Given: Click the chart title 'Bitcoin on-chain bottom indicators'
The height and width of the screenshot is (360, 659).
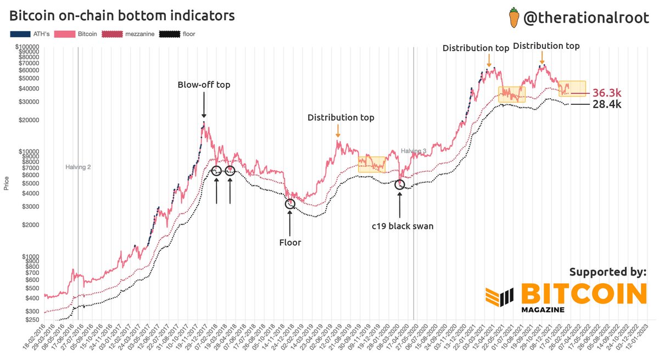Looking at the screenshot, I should [x=122, y=16].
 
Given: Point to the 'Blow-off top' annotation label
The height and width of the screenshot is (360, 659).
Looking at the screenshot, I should [x=204, y=85].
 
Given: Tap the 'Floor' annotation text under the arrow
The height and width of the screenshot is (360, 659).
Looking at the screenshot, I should [x=290, y=242].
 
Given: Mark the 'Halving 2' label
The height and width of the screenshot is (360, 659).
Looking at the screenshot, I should [x=78, y=167].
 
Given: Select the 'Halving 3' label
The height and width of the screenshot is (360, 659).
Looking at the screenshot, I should [x=413, y=151].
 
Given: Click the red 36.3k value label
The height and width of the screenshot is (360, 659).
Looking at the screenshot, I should [x=606, y=93].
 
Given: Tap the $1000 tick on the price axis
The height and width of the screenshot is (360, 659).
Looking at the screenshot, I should [x=32, y=256].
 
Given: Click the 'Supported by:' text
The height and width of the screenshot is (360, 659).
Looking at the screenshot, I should [x=607, y=272].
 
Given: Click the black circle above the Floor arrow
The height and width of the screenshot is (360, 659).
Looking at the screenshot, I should [x=290, y=204].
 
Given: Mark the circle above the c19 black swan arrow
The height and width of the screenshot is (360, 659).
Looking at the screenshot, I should [x=400, y=184].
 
